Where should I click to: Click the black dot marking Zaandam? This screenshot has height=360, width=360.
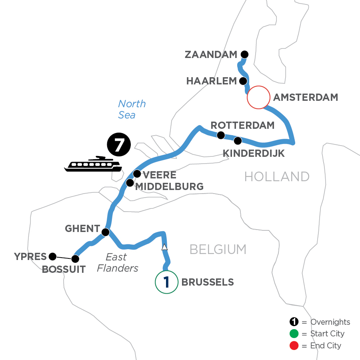click(x=244, y=54)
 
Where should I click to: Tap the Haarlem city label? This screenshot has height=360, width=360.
click(x=212, y=81)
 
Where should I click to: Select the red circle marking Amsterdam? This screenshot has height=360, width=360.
click(x=258, y=97)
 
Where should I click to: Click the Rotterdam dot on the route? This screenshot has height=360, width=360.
click(x=220, y=135)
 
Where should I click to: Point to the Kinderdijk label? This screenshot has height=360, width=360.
click(x=254, y=153)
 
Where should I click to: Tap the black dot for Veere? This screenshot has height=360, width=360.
click(x=137, y=174)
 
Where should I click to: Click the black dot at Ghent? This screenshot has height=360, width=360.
click(x=106, y=232)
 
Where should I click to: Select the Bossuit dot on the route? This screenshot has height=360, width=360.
click(x=75, y=259)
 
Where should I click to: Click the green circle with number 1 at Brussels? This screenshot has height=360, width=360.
click(x=166, y=282)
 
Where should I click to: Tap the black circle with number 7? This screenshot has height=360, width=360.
click(x=119, y=145)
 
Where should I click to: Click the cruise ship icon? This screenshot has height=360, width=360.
click(x=92, y=164)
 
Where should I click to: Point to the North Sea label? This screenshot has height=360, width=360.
click(x=132, y=109)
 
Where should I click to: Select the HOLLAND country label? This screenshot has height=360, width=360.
click(x=277, y=176)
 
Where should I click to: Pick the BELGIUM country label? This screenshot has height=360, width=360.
click(x=218, y=250)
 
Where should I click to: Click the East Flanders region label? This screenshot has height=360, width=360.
click(x=118, y=262)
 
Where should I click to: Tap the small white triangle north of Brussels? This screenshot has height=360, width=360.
click(x=164, y=248)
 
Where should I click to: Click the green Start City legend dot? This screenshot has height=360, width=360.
click(x=294, y=334)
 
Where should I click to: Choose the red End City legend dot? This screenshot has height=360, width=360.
click(x=294, y=345)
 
